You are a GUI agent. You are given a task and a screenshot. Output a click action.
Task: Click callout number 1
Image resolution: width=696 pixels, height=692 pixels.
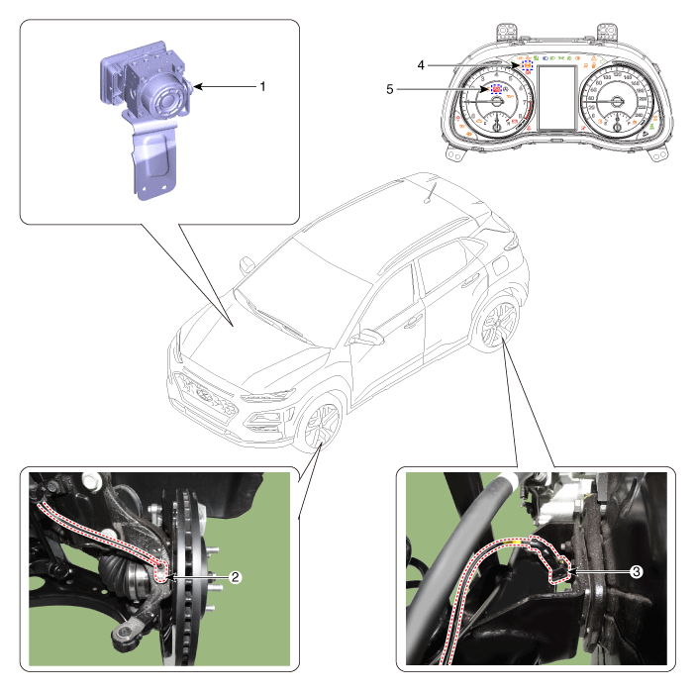[262, 87]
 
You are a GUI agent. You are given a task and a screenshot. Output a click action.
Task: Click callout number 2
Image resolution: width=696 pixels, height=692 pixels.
[235, 575]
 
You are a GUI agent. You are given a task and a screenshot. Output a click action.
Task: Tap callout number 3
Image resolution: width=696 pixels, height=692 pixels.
[637, 571]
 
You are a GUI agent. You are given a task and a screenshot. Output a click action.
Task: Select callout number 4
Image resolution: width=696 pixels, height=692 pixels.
[421, 65]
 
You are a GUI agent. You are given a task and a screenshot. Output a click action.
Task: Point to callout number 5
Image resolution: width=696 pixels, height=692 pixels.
[391, 89]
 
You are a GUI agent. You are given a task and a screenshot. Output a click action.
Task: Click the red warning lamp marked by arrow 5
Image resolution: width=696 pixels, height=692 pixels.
[494, 89]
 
